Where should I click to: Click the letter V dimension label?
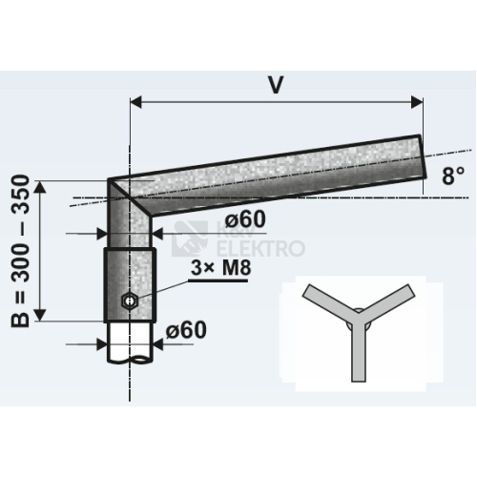[276, 85]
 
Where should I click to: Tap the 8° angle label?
[453, 176]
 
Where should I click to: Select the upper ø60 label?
[245, 219]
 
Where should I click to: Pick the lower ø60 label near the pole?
[186, 330]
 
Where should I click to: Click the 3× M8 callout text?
[221, 268]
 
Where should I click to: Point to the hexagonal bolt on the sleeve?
[130, 301]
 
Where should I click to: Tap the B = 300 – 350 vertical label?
[21, 251]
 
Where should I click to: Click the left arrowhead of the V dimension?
[135, 102]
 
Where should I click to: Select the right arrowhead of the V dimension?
[417, 102]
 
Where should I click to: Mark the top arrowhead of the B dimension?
[40, 187]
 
